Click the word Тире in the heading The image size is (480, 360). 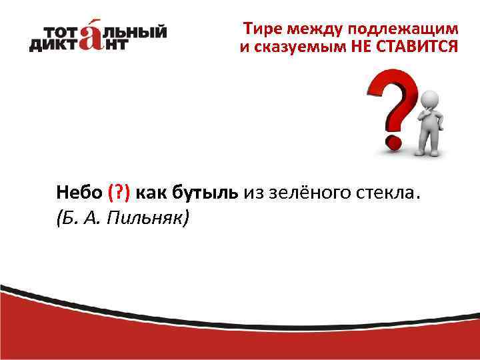pyautogui.click(x=261, y=29)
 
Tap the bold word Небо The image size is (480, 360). pyautogui.click(x=79, y=193)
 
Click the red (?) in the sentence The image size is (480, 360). pyautogui.click(x=120, y=193)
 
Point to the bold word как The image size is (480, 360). pyautogui.click(x=151, y=193)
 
